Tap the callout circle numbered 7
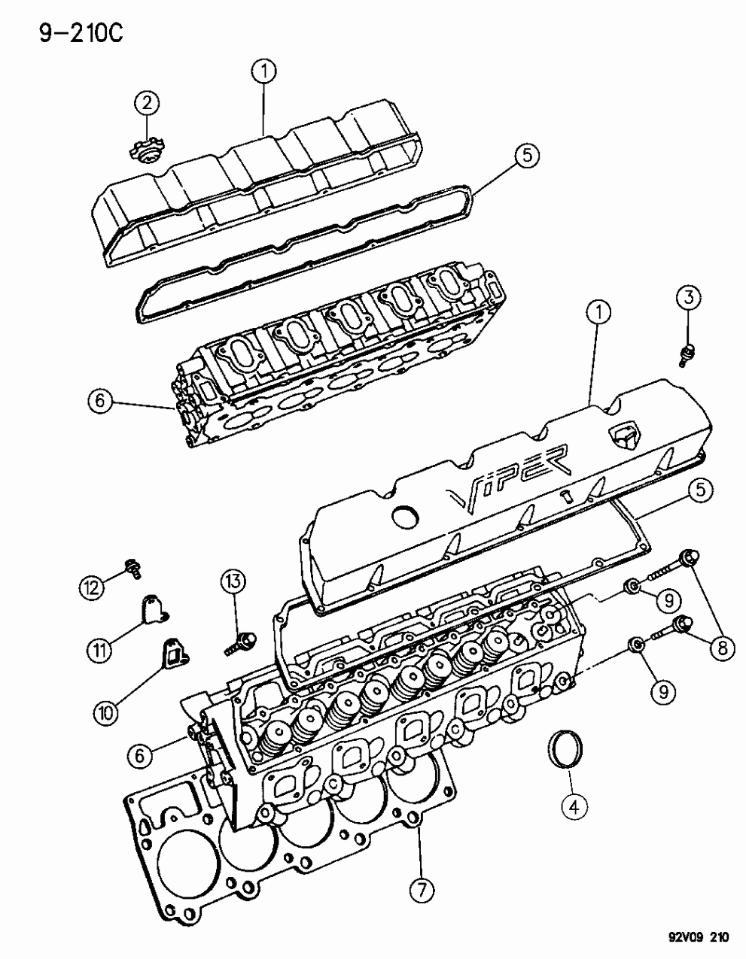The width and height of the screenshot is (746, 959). coord(422,891)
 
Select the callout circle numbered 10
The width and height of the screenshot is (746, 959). coord(105,712)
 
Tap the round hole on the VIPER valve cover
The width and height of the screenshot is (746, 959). coord(406,515)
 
